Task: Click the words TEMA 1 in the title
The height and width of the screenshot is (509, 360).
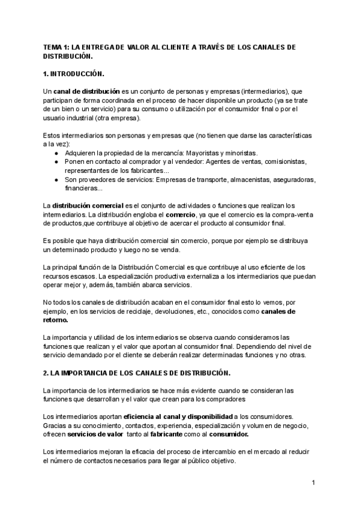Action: (57, 47)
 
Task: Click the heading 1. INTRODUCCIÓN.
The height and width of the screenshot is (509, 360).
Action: (74, 74)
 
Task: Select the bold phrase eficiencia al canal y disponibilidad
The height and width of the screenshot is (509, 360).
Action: (178, 416)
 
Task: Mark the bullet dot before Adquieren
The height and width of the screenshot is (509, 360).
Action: (55, 153)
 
